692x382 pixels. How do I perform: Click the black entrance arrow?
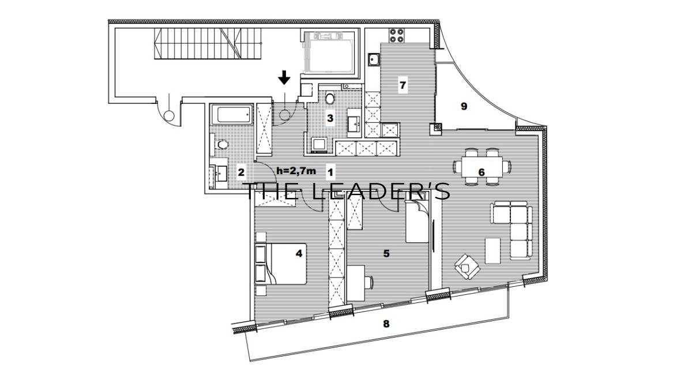tap(284, 77)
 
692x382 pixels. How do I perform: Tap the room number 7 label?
tap(403, 85)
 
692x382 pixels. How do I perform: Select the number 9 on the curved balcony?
tap(464, 106)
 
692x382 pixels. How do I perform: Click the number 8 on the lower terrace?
tap(386, 324)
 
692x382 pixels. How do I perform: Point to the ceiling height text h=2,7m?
tap(296, 171)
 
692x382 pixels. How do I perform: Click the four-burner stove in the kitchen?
tap(397, 36)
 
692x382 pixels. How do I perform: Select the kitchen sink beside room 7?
tap(374, 59)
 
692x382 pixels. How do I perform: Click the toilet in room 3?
tap(330, 98)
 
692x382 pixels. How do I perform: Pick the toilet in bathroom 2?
tap(221, 144)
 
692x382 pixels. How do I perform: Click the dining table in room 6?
tap(482, 167)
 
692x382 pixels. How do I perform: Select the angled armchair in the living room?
tap(467, 267)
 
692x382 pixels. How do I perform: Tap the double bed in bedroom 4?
tap(281, 264)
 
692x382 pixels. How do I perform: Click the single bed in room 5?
tap(417, 221)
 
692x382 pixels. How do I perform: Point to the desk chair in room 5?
tap(369, 283)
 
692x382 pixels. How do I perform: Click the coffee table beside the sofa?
tap(492, 250)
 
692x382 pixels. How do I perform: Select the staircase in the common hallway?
tap(208, 43)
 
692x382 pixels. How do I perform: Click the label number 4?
tap(299, 253)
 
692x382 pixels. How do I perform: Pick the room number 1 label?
tap(330, 172)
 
